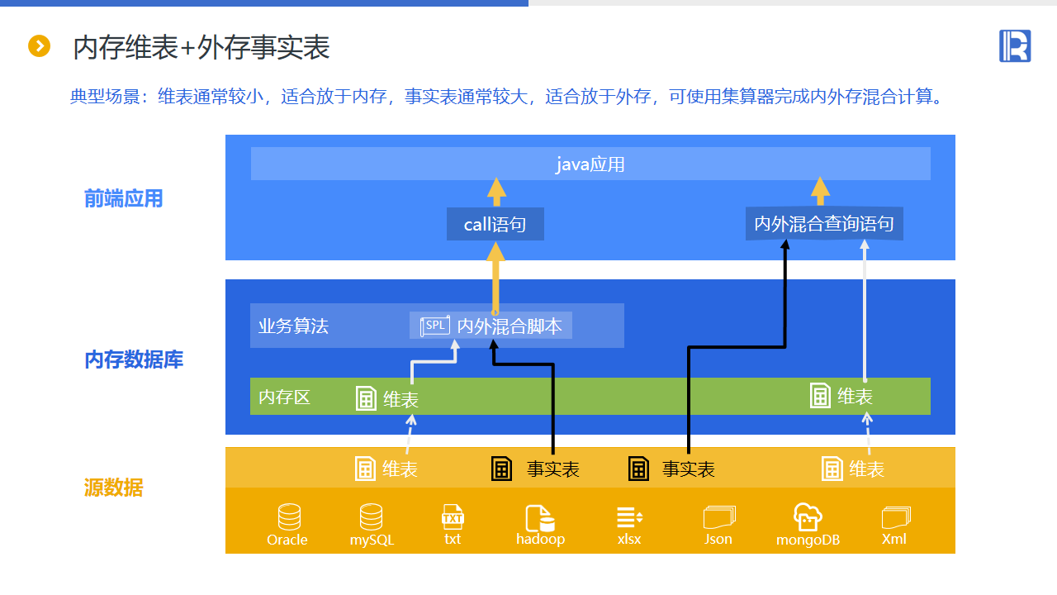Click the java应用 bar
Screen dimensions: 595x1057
(590, 164)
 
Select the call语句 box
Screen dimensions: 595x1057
(495, 224)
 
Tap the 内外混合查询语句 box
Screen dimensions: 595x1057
(824, 224)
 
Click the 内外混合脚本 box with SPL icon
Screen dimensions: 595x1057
(491, 326)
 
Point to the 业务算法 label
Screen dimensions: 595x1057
(293, 326)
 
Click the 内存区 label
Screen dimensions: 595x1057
(284, 397)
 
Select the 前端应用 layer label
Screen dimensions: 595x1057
(124, 198)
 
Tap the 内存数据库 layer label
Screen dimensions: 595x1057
(134, 359)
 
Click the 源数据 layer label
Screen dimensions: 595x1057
(113, 488)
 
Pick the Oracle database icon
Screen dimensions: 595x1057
(289, 518)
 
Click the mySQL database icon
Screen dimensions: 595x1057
(372, 518)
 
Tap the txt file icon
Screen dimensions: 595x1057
(453, 517)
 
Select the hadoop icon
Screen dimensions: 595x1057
(540, 518)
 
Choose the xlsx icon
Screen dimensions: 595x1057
(629, 518)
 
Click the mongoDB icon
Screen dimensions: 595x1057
(808, 518)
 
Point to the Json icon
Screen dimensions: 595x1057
(718, 518)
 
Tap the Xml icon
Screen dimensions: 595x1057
(894, 518)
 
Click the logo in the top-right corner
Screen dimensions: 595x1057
(1015, 45)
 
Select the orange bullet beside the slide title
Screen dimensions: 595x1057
(39, 46)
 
